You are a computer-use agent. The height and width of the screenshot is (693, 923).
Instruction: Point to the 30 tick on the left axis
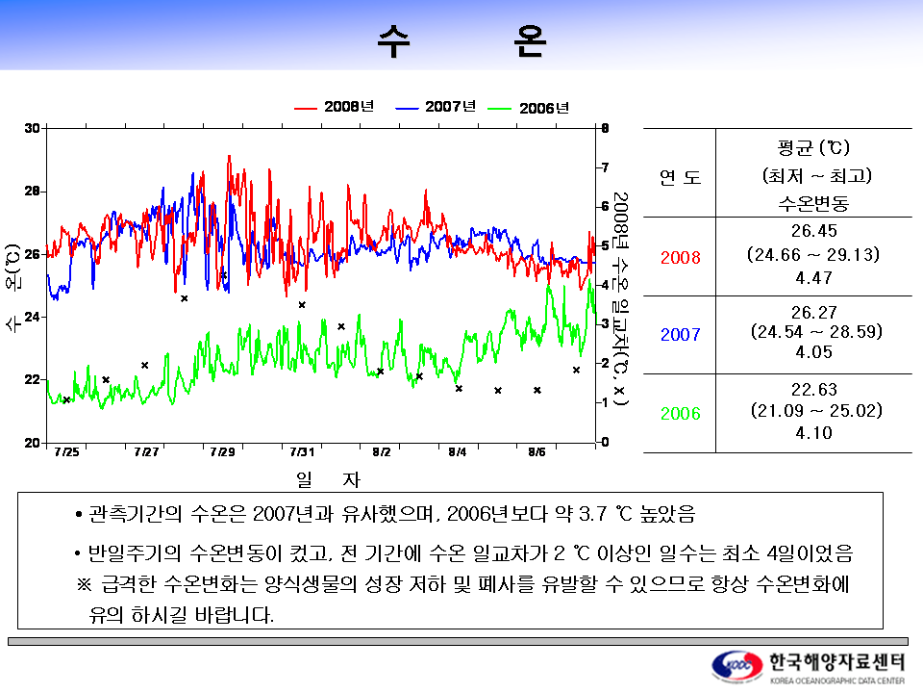(32, 128)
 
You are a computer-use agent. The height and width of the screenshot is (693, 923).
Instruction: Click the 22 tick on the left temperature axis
(32, 379)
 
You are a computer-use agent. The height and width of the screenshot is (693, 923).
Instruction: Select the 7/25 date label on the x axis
(66, 452)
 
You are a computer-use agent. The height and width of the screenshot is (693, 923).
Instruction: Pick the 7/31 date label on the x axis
(302, 452)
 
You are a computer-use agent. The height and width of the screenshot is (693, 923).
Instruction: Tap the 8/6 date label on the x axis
(536, 452)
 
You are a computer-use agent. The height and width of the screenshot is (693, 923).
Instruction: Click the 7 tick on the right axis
(605, 167)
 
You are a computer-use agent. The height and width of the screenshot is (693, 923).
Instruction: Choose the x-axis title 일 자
(328, 478)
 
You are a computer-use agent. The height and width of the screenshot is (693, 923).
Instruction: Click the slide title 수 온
(461, 41)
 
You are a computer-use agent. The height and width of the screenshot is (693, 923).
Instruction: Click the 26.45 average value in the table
(813, 231)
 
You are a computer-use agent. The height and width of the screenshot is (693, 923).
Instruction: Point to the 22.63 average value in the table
(813, 390)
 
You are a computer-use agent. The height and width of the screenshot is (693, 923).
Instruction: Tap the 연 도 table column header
(679, 177)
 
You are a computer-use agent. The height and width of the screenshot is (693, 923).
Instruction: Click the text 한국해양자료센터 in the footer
(836, 661)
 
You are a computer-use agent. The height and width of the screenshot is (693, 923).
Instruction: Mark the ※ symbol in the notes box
(83, 585)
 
